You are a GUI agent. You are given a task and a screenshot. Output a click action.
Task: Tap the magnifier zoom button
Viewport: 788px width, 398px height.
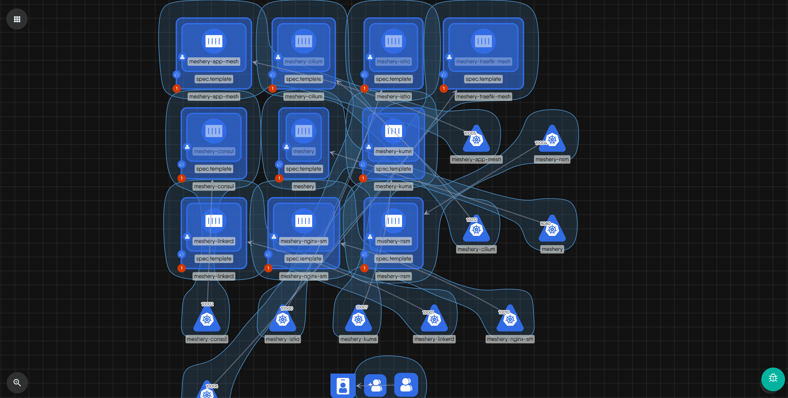pos(17,382)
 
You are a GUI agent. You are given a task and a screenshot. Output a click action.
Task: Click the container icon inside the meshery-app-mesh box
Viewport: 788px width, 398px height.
pos(214,41)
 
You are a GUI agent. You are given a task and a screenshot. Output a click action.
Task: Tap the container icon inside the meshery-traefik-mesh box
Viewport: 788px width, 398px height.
pos(483,41)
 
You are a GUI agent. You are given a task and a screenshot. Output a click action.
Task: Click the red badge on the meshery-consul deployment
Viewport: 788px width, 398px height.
pos(182,178)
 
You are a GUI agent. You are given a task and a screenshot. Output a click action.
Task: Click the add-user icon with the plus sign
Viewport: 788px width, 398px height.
pos(375,385)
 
